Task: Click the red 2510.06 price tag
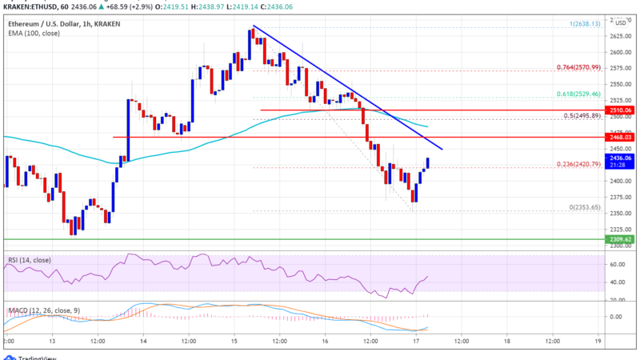pyautogui.click(x=620, y=110)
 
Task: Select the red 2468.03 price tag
pyautogui.click(x=620, y=137)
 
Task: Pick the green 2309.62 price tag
pyautogui.click(x=620, y=238)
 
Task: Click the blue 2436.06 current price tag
pyautogui.click(x=620, y=158)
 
